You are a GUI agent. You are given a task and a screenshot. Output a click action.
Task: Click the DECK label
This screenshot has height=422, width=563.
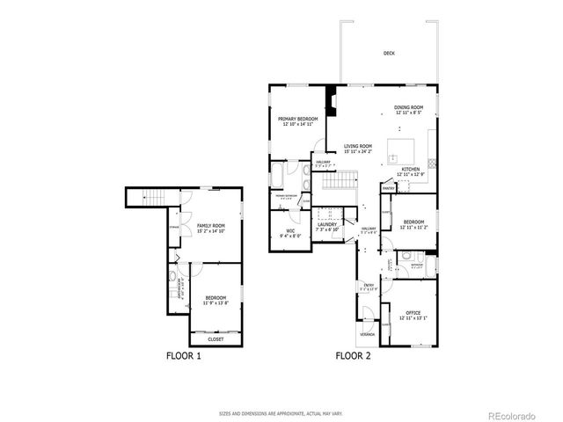point(389,54)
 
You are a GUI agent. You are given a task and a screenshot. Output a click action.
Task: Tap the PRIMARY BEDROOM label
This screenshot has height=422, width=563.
point(297,119)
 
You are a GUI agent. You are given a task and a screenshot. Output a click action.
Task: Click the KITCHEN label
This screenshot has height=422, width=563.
point(411,169)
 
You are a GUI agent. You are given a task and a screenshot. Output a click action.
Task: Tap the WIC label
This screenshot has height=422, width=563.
point(290,231)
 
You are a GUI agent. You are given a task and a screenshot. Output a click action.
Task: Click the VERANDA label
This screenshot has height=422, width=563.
point(366,336)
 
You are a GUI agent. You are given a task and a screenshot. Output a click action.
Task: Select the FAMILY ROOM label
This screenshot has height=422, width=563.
point(210,226)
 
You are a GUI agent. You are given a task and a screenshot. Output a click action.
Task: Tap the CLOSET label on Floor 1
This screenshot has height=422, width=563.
point(216,338)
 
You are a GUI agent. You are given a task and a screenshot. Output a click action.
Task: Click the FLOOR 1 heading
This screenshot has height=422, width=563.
point(184,357)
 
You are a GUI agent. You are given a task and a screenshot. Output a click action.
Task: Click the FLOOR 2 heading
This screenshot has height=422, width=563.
point(353,357)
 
